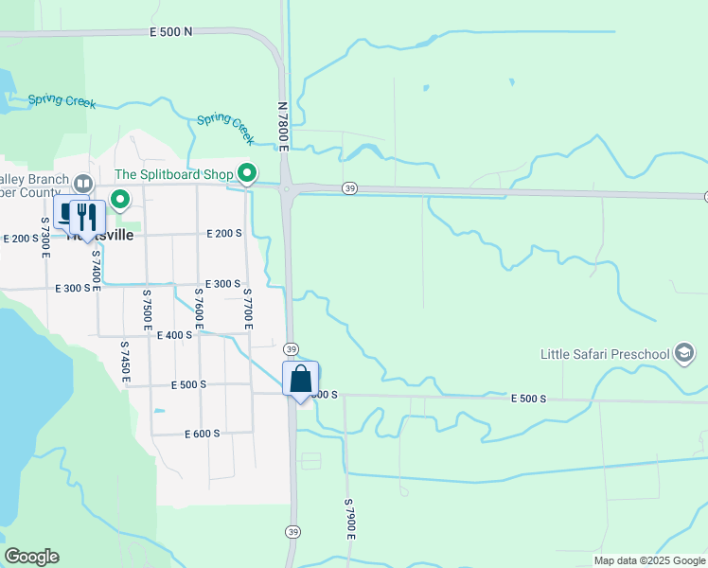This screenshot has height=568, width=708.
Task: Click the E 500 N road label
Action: (170, 31)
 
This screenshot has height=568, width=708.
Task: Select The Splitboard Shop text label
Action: (173, 175)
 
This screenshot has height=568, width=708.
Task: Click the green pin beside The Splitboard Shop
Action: (247, 173)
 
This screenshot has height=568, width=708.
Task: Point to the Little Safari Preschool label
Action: (605, 355)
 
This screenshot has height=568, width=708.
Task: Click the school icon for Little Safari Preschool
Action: (683, 354)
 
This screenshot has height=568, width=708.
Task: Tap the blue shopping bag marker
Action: (301, 380)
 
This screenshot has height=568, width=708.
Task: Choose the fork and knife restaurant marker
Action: (87, 217)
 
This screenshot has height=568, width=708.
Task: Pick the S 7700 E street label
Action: (248, 305)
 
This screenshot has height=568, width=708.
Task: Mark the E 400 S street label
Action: (174, 335)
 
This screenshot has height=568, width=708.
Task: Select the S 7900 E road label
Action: (349, 519)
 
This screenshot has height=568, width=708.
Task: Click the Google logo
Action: (31, 557)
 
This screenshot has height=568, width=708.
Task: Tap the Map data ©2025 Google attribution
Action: (648, 560)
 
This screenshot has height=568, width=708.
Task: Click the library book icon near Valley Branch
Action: (83, 183)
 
